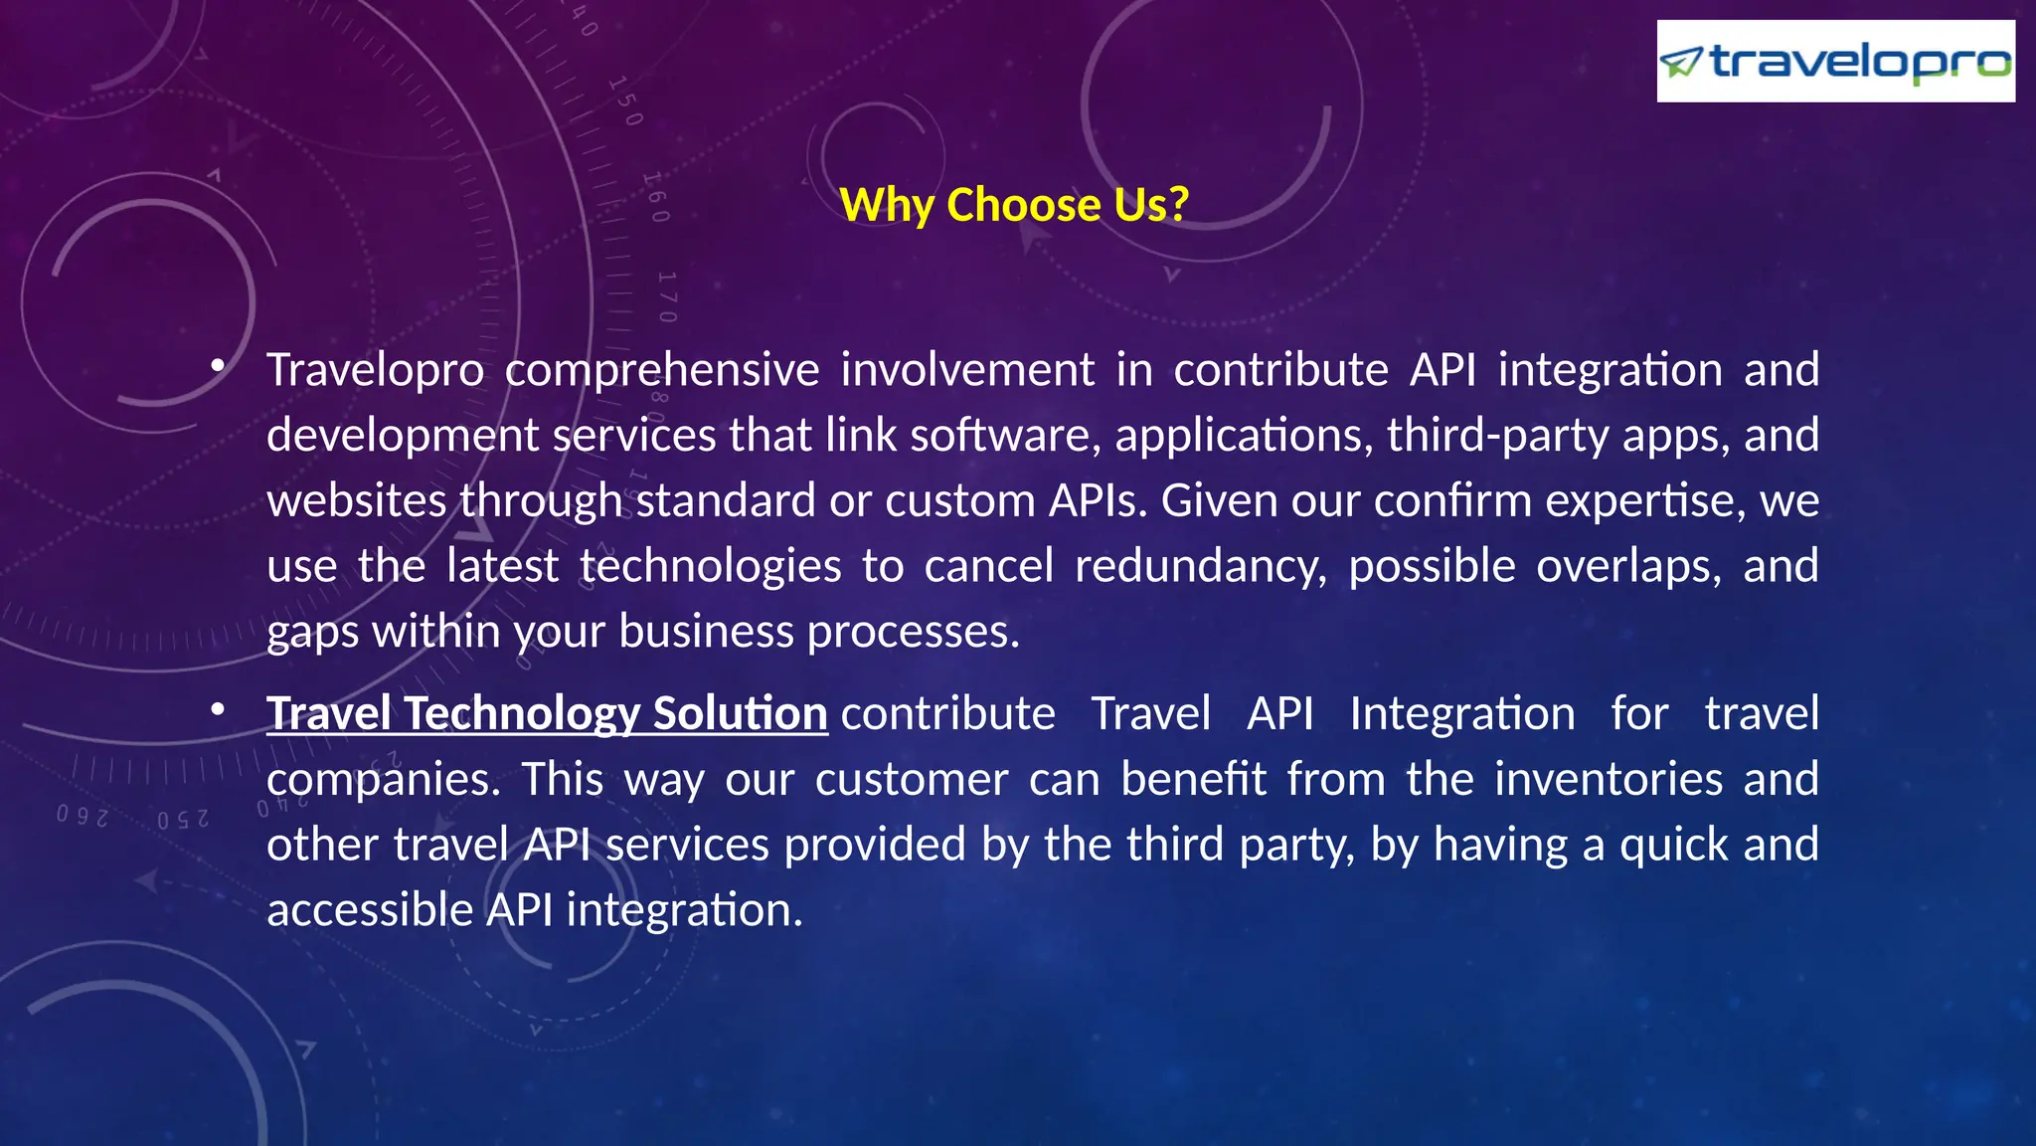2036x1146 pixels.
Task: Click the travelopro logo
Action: [x=1835, y=62]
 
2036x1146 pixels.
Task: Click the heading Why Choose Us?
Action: [x=1014, y=205]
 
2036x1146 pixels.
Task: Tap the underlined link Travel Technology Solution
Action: [x=547, y=714]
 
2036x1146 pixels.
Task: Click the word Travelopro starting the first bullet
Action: [x=376, y=370]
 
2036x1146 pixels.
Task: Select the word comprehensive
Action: [x=662, y=370]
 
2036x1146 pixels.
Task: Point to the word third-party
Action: [x=1497, y=436]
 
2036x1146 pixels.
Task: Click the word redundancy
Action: [x=1200, y=566]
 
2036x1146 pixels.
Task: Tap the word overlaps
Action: [x=1628, y=566]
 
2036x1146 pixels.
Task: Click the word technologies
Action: [x=710, y=566]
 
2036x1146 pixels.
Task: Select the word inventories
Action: [x=1564, y=779]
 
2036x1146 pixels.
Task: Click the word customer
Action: [x=912, y=779]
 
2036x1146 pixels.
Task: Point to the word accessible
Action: [x=370, y=910]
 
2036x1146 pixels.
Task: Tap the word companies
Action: [x=384, y=779]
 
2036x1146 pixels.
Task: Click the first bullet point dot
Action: [x=218, y=367]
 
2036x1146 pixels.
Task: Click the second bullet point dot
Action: [x=218, y=710]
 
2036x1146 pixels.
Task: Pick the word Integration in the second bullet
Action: [x=1461, y=714]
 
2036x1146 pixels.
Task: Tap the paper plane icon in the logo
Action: [x=1682, y=63]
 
